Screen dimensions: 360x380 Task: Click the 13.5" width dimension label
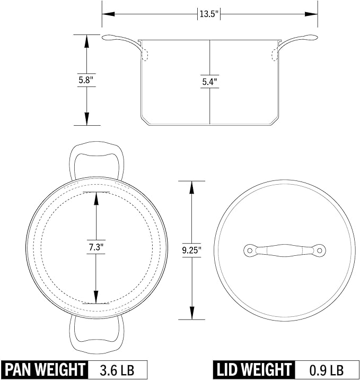coord(209,14)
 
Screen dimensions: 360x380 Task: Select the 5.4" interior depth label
coord(209,82)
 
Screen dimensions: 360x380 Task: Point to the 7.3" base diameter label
coord(96,247)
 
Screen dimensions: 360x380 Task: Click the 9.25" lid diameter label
coord(192,250)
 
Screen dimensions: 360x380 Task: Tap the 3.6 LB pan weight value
coord(117,370)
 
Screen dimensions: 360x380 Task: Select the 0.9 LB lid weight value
coord(327,370)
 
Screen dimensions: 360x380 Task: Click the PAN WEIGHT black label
coord(45,369)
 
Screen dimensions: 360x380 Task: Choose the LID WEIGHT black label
coord(254,369)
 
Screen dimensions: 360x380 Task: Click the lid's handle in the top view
coord(285,251)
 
